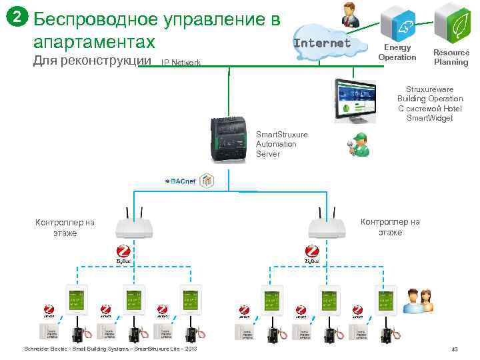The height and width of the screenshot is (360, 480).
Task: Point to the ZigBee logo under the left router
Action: [124, 254]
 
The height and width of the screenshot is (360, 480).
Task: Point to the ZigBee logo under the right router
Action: [311, 254]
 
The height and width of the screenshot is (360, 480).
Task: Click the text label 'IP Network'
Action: [181, 63]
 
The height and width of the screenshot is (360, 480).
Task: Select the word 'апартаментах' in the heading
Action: [93, 42]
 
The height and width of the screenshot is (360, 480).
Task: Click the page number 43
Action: [455, 349]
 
